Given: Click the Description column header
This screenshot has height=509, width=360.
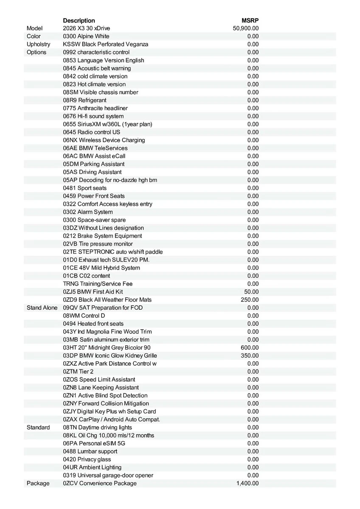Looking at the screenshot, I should pos(79,20).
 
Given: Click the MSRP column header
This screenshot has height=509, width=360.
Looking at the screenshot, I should pos(250,20).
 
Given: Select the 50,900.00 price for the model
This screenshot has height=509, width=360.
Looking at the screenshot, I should pos(246,28).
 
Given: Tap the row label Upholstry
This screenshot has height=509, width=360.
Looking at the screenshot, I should pos(38,44).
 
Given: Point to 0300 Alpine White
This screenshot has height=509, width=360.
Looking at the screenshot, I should pos(86,36).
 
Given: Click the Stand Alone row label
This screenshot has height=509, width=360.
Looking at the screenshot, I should pos(42,308).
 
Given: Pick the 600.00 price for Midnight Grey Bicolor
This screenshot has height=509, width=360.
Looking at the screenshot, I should pos(250,347).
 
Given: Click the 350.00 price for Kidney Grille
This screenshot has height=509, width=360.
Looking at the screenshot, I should pos(250,355).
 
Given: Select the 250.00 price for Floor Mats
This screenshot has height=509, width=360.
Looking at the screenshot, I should pos(250,299).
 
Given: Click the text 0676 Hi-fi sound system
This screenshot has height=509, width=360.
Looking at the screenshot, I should pos(93,116).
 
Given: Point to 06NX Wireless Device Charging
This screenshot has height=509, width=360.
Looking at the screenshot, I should pos(104,140).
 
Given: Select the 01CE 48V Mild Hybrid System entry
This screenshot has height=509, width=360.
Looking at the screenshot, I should pos(101,268).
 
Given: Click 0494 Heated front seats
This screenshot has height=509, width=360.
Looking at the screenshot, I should pos(93,324).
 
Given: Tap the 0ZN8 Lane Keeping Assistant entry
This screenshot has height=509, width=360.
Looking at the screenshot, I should pos(101,387).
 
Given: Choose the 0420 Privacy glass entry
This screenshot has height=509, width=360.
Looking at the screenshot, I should pos(87,459).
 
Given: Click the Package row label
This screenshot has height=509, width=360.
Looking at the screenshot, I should pos(38,483).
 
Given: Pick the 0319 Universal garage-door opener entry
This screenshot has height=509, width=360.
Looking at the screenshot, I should pos(108,475).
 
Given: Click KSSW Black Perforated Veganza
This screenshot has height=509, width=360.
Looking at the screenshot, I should pos(106,44).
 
